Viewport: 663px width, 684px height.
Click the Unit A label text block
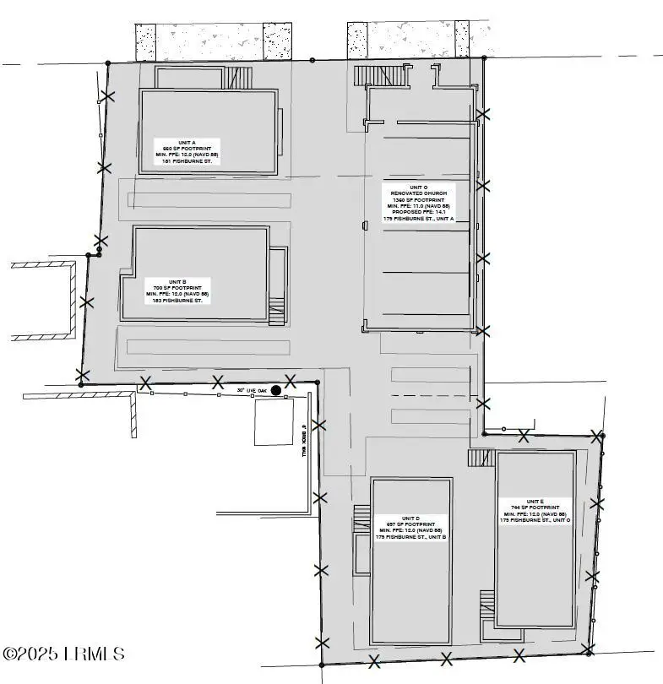(x=186, y=151)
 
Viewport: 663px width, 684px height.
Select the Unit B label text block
(x=177, y=290)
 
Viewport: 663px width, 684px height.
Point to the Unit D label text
(x=410, y=527)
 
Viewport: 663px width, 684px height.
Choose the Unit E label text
(x=535, y=510)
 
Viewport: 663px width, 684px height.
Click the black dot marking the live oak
(x=275, y=390)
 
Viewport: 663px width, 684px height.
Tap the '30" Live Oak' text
(x=252, y=390)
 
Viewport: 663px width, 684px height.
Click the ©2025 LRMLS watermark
(x=63, y=654)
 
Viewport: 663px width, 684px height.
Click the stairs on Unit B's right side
(x=277, y=312)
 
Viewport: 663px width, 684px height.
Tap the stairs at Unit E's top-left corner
(x=481, y=458)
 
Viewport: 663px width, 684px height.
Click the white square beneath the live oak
(x=274, y=422)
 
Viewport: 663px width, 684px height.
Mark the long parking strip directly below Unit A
(x=207, y=200)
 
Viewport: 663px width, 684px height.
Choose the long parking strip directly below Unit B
(x=208, y=347)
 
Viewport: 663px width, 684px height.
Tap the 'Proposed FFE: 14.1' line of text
(x=419, y=211)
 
